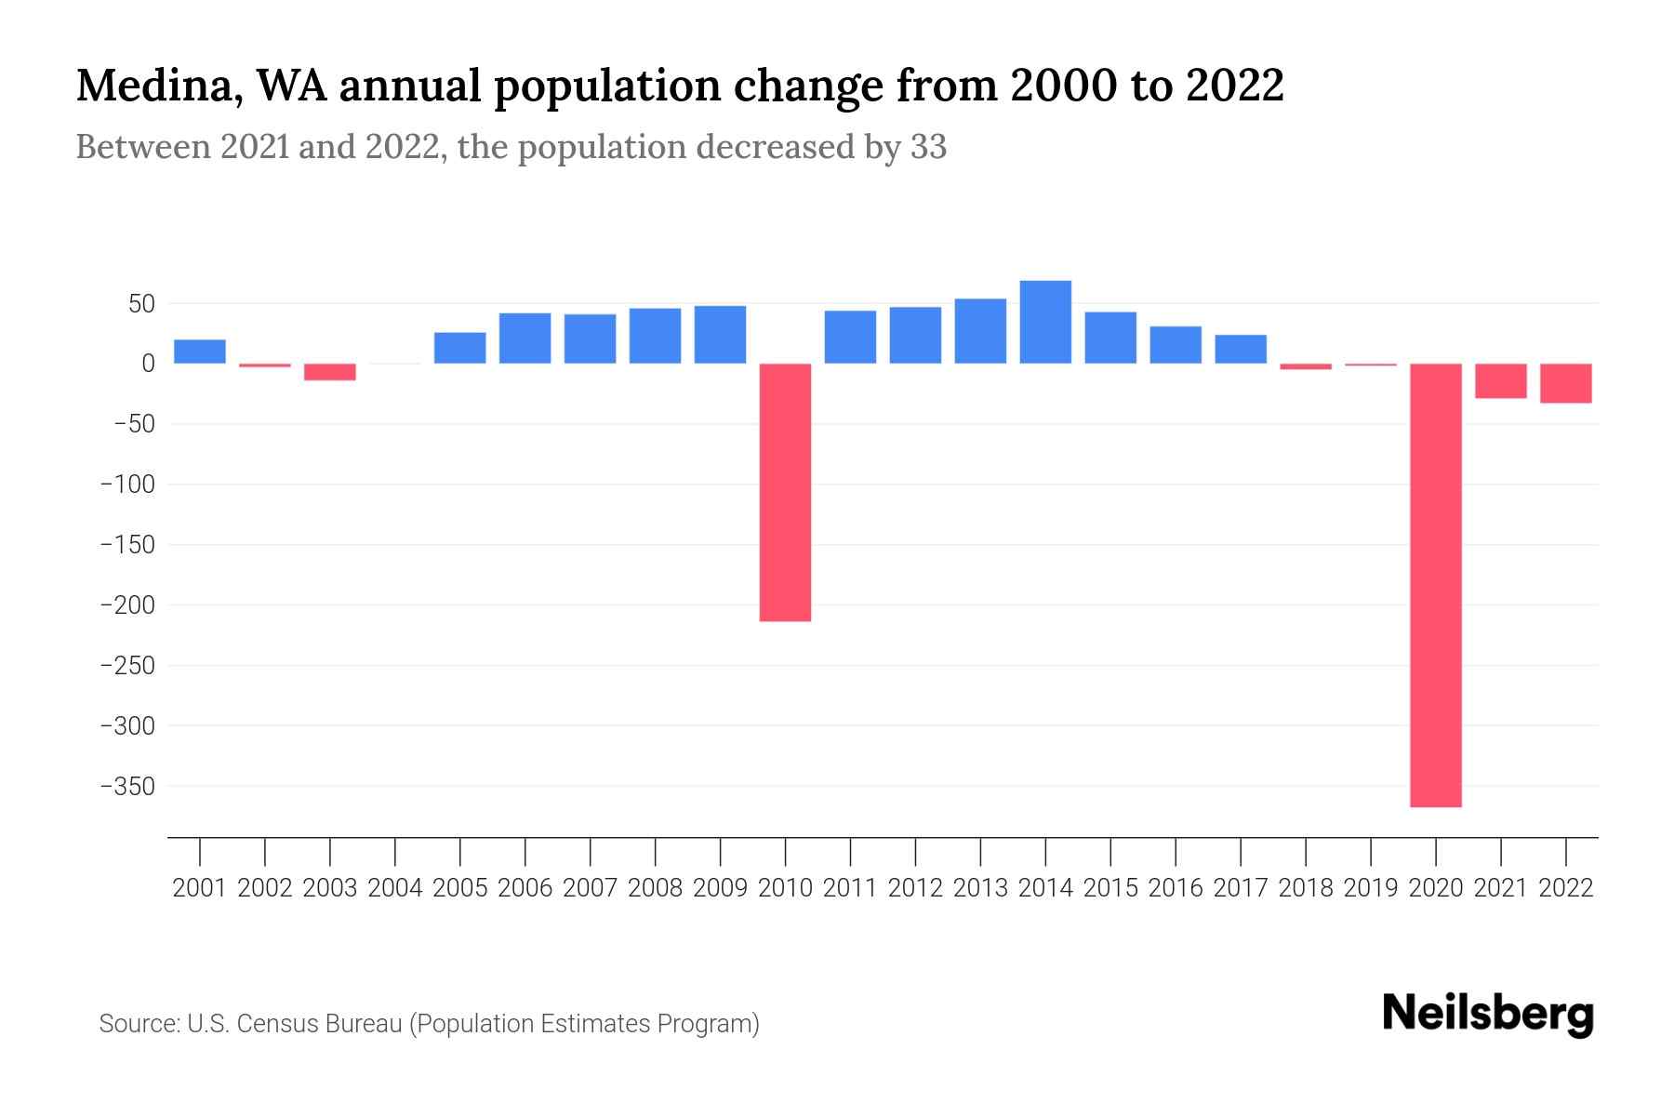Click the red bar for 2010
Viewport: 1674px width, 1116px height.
pyautogui.click(x=785, y=492)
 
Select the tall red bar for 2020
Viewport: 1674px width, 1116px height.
pyautogui.click(x=1435, y=585)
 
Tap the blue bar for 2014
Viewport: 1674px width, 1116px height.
pyautogui.click(x=1045, y=322)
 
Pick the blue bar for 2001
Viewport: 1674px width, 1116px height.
pyautogui.click(x=200, y=352)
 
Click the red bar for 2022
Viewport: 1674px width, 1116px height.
pyautogui.click(x=1565, y=383)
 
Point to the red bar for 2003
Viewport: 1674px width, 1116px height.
pyautogui.click(x=330, y=372)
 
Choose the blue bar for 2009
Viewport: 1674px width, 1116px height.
pyautogui.click(x=720, y=334)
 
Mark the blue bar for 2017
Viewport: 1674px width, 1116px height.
pyautogui.click(x=1241, y=349)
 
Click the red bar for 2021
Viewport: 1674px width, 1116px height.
pyautogui.click(x=1500, y=381)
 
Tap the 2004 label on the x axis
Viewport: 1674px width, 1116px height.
pyautogui.click(x=395, y=888)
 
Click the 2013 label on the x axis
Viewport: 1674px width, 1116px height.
pyautogui.click(x=980, y=888)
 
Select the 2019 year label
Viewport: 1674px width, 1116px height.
pyautogui.click(x=1370, y=888)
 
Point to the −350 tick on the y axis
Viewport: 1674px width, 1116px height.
pyautogui.click(x=127, y=787)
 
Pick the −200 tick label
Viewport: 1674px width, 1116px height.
pyautogui.click(x=127, y=605)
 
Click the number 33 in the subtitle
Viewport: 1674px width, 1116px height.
pyautogui.click(x=928, y=147)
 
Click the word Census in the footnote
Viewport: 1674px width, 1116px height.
pyautogui.click(x=272, y=1024)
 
